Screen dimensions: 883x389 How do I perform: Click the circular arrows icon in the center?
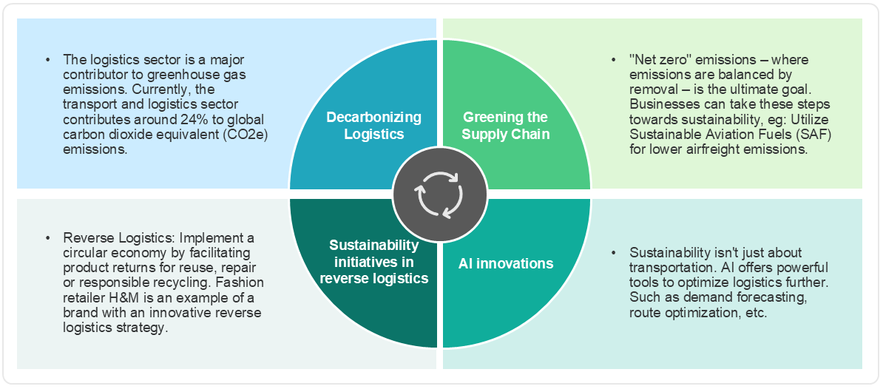tap(439, 194)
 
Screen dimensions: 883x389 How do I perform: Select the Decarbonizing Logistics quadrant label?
tap(374, 126)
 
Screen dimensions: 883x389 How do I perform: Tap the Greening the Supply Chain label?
tap(505, 126)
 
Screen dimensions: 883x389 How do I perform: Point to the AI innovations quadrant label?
tap(505, 263)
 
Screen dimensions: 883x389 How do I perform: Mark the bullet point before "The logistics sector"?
tap(49, 59)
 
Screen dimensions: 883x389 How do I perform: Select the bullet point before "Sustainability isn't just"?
tap(615, 252)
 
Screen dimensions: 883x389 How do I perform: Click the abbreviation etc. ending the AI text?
tap(758, 313)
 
